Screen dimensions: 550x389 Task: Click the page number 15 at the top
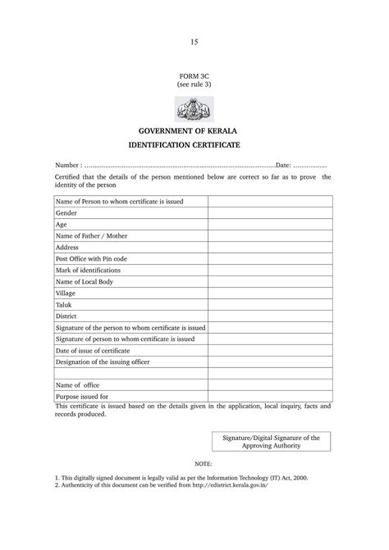click(x=194, y=40)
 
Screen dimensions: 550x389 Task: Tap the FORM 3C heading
click(x=194, y=75)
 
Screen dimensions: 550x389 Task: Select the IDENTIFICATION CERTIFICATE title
click(x=194, y=144)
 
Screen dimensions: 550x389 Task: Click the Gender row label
click(x=66, y=212)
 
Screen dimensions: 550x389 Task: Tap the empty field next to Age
click(x=269, y=224)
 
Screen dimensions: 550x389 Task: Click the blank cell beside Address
click(x=269, y=247)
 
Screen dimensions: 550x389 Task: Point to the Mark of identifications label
click(x=88, y=270)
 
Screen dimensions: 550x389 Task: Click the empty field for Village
click(x=269, y=293)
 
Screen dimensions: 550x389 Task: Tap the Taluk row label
click(x=64, y=304)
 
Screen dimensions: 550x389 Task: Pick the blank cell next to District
click(x=269, y=316)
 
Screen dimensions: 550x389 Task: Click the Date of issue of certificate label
click(x=93, y=350)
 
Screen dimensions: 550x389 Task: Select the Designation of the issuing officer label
click(x=103, y=361)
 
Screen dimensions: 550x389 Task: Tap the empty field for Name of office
click(x=269, y=384)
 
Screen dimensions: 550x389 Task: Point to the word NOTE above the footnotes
click(x=194, y=464)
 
